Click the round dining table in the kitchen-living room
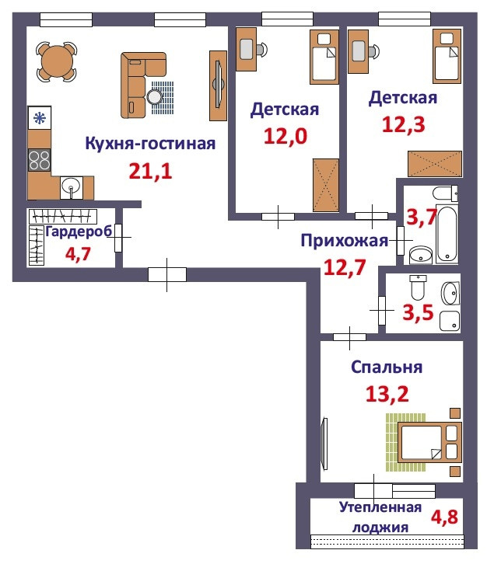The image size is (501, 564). [57, 61]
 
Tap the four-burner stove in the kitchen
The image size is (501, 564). [39, 160]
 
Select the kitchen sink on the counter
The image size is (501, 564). [71, 187]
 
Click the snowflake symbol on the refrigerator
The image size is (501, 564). [39, 118]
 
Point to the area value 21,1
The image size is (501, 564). [150, 171]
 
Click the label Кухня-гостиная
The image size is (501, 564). [150, 144]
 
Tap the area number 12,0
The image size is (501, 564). [286, 136]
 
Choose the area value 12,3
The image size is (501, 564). [404, 124]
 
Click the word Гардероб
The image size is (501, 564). [79, 232]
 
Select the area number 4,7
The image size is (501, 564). [78, 254]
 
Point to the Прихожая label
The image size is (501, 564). [345, 241]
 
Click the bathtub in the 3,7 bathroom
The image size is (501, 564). [447, 234]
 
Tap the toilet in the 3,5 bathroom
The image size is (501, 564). [418, 287]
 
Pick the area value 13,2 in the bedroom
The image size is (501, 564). [387, 394]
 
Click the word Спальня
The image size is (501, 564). [387, 367]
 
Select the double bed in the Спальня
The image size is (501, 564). [429, 443]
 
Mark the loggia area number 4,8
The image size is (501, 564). [444, 517]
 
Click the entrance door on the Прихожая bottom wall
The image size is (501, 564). [167, 275]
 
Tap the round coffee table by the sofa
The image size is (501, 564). [155, 96]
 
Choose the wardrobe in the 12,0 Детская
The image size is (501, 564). [326, 185]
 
